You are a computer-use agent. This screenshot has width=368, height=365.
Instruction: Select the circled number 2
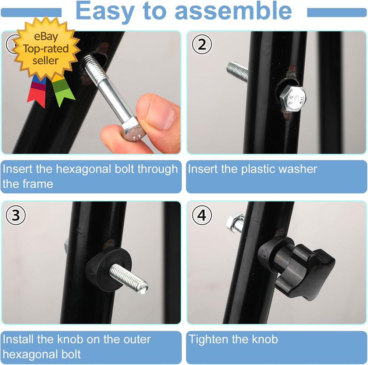(202, 45)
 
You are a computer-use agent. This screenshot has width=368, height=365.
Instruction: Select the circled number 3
(16, 215)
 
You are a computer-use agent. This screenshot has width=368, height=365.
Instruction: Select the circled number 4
(202, 215)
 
